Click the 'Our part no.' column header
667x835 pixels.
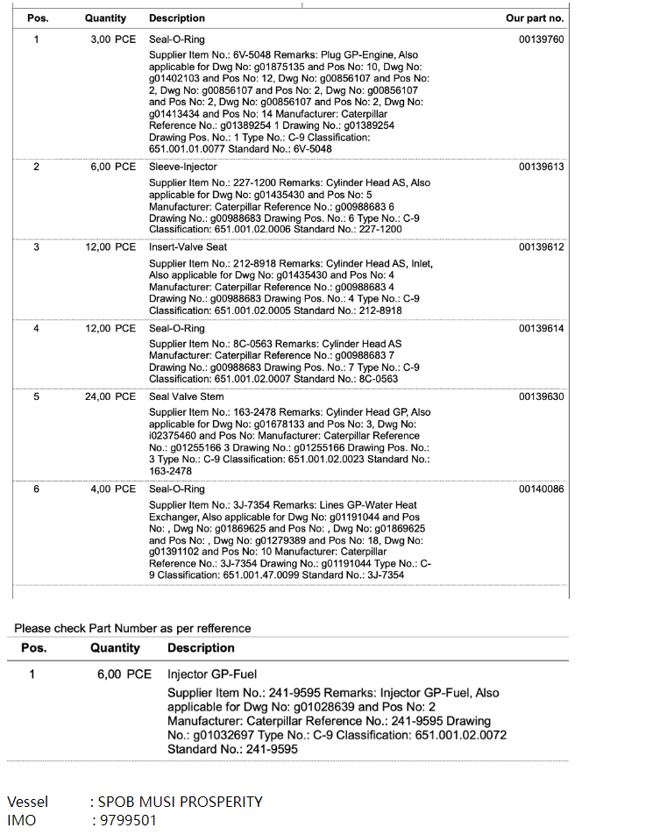pos(535,18)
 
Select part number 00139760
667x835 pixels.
pos(541,40)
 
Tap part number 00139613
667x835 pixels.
pos(541,167)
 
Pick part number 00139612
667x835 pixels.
pos(541,247)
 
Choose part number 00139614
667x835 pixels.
pos(541,328)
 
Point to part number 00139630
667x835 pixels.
pos(541,396)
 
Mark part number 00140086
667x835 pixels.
pos(541,489)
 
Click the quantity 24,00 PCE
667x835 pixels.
pos(110,396)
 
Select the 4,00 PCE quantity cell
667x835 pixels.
pos(113,489)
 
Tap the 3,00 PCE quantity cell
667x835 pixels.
pos(113,40)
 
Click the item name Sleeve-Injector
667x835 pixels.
pos(182,167)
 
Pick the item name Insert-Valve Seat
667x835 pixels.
pos(188,247)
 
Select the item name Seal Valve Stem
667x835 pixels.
pos(186,396)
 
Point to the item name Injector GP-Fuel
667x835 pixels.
pos(212,674)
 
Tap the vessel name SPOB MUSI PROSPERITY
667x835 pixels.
pos(180,802)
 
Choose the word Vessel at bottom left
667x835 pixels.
pos(27,802)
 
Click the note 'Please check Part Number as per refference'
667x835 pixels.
pos(132,628)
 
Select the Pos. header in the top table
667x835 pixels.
pos(38,18)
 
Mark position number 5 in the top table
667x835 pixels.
pos(36,396)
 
